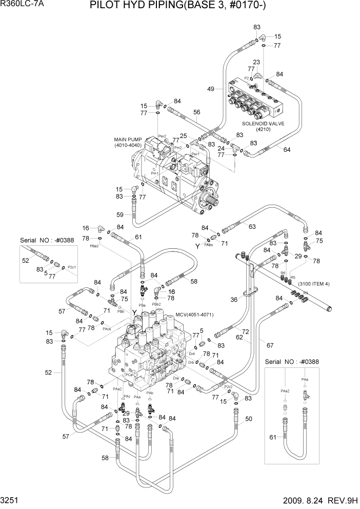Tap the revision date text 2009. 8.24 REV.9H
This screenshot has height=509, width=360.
tap(313, 500)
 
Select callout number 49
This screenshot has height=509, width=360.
tap(211, 89)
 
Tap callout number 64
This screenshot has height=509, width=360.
tap(287, 149)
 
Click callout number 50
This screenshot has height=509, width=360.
tap(249, 419)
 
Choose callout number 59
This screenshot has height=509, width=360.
tap(121, 214)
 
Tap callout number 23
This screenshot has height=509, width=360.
tap(256, 62)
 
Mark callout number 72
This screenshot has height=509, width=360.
tap(246, 332)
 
